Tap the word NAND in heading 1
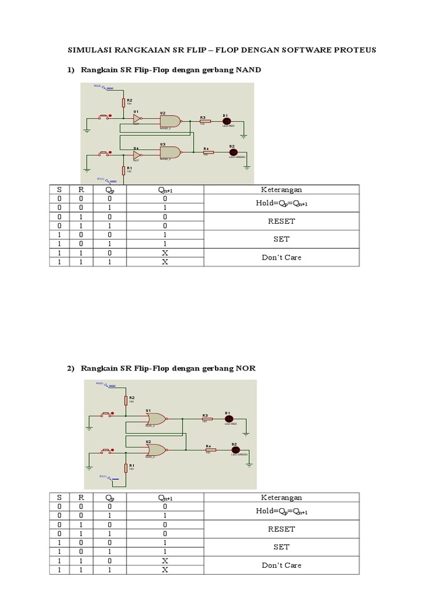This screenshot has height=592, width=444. [x=248, y=70]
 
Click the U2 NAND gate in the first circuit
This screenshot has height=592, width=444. [x=170, y=121]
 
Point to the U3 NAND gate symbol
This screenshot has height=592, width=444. [x=170, y=152]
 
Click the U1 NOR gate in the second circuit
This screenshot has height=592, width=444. [x=156, y=418]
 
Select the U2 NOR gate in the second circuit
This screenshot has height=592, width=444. [x=156, y=449]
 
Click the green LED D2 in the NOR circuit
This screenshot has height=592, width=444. [x=235, y=450]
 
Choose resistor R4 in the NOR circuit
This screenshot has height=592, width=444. [x=210, y=450]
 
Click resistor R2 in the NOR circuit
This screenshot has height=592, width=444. [x=125, y=401]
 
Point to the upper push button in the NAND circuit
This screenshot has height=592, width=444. [x=106, y=117]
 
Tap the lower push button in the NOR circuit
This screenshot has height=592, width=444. [x=106, y=449]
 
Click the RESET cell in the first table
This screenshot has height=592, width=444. [x=282, y=221]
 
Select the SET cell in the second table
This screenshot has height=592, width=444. [x=282, y=547]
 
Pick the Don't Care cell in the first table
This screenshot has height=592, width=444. [x=282, y=257]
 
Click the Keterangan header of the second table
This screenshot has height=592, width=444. [x=282, y=497]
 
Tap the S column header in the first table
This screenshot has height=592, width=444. [x=58, y=190]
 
